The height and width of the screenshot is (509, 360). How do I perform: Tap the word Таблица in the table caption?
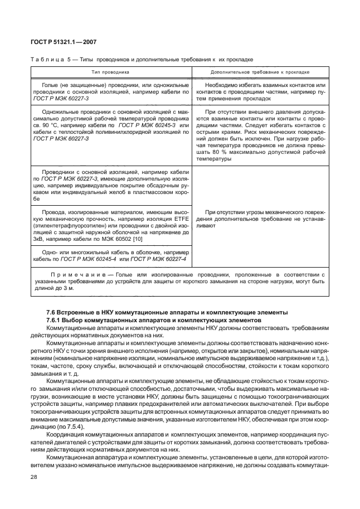point(46,59)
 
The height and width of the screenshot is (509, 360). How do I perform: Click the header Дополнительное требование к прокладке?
point(260,72)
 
